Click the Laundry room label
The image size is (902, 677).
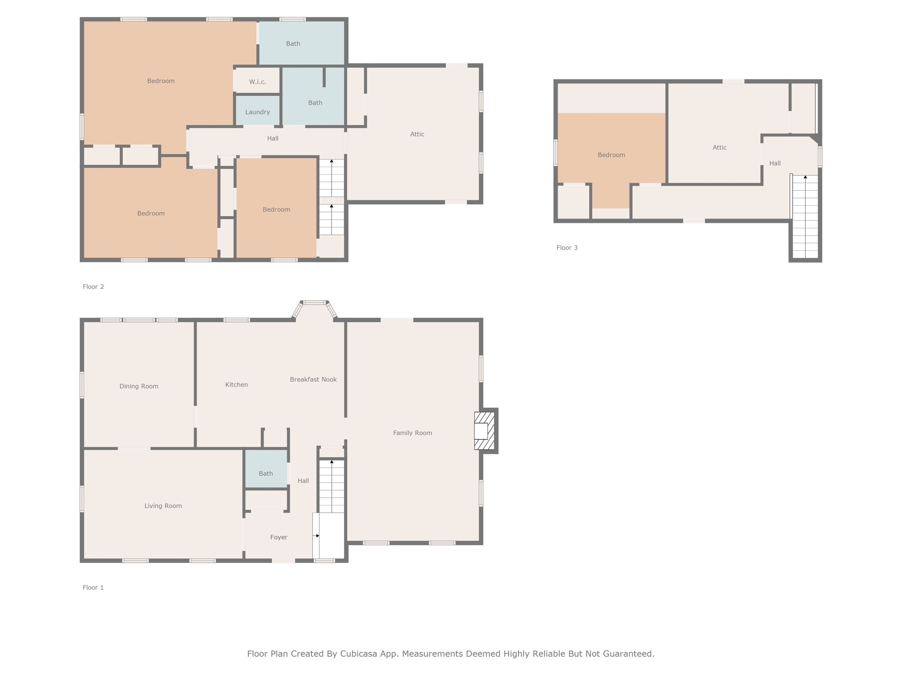click(x=258, y=112)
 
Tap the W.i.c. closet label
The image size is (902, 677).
click(x=258, y=82)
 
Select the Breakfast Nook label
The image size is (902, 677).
click(x=313, y=379)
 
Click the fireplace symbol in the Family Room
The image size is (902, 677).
click(x=484, y=431)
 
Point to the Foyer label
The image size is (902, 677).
click(x=279, y=537)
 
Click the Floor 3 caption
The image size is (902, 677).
click(x=567, y=248)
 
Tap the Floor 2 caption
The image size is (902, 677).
click(x=93, y=286)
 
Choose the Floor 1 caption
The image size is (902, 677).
click(x=93, y=588)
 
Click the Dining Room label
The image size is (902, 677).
click(x=139, y=387)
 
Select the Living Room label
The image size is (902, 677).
click(x=163, y=506)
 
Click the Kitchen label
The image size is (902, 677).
click(x=237, y=385)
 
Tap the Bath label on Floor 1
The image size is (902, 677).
click(x=266, y=473)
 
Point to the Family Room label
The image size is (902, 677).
click(x=413, y=433)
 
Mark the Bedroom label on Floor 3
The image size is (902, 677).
click(x=611, y=155)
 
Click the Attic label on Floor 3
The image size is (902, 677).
click(x=720, y=148)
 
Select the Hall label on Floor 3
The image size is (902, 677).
click(x=775, y=164)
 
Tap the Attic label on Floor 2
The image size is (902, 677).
click(x=417, y=134)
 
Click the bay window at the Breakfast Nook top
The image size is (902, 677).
click(x=314, y=303)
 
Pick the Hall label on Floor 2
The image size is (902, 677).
click(x=273, y=138)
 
